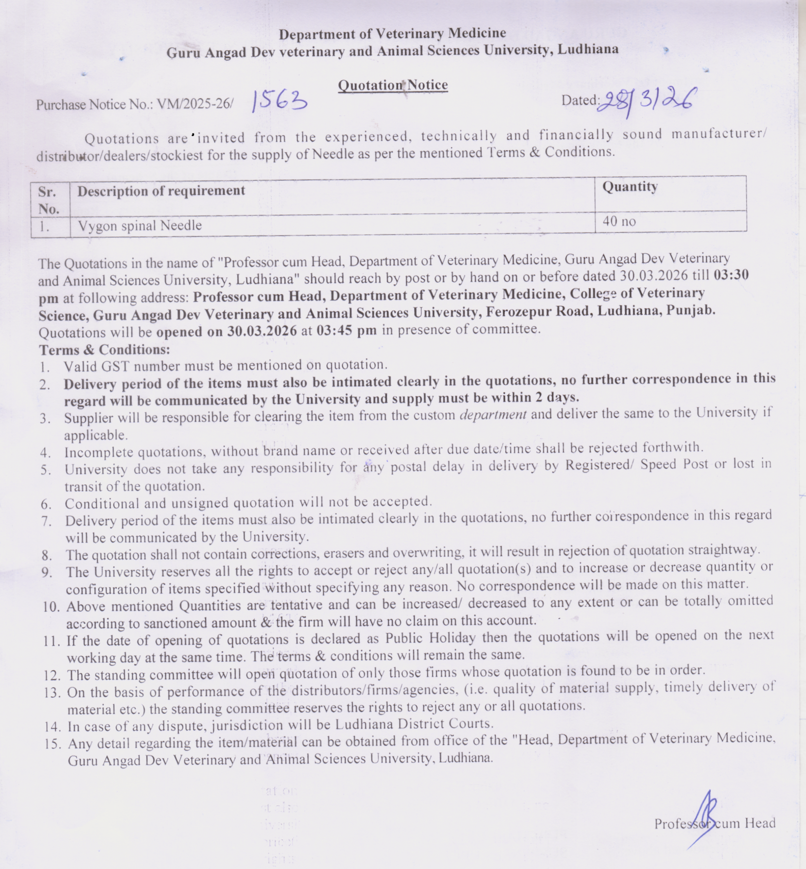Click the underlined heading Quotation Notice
tap(393, 86)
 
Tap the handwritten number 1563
tap(280, 101)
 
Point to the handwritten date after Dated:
tap(647, 101)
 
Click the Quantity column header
tap(630, 187)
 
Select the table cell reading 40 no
tap(619, 222)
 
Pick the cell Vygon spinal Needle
tap(140, 226)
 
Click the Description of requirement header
tap(161, 191)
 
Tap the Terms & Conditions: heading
tap(105, 350)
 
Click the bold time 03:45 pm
tap(346, 330)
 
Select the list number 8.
tap(47, 555)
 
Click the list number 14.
tap(52, 727)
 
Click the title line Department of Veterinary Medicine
tap(392, 34)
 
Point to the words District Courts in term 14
tap(446, 724)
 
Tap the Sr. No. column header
tap(49, 200)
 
